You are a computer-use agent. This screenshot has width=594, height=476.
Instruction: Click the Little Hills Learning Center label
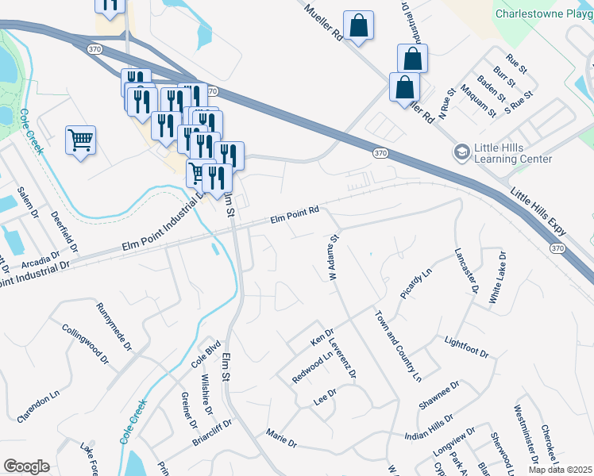[x=512, y=153]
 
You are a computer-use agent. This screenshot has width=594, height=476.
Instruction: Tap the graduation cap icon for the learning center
[x=461, y=152]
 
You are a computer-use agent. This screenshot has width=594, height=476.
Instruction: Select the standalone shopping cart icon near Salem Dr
[x=80, y=140]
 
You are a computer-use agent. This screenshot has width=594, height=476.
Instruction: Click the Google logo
[x=26, y=466]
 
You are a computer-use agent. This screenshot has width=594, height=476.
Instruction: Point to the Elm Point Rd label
[x=295, y=213]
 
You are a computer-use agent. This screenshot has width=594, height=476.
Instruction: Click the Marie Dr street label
[x=281, y=438]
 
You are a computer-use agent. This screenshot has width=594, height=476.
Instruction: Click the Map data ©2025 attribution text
[x=560, y=470]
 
